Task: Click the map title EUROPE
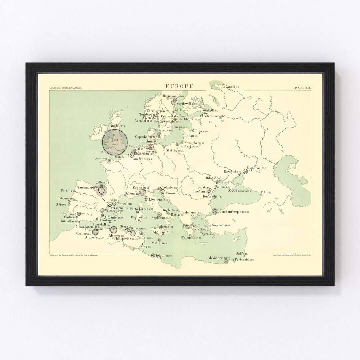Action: (179, 86)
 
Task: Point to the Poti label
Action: (264, 192)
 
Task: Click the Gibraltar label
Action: (67, 221)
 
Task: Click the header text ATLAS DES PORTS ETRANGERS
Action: (65, 88)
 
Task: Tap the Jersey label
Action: (99, 159)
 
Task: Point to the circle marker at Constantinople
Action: (215, 211)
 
